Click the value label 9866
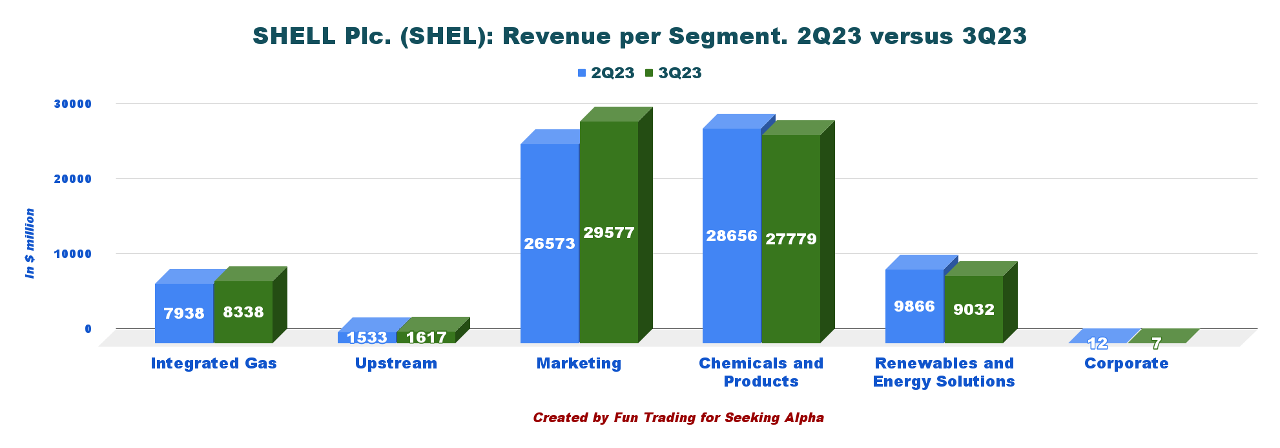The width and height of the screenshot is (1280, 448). (914, 306)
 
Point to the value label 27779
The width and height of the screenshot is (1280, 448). (791, 239)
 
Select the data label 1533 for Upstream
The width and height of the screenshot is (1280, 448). (367, 337)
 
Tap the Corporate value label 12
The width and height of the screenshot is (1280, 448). (1097, 343)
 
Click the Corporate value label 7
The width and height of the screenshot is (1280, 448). (1156, 343)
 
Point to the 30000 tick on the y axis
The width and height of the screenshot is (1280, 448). (73, 104)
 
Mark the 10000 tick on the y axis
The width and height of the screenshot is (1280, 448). (73, 254)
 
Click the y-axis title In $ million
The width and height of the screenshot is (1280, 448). (30, 244)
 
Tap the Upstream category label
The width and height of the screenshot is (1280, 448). (396, 363)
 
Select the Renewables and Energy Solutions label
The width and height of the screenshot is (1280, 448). (944, 372)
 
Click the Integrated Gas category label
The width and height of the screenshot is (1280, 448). (214, 363)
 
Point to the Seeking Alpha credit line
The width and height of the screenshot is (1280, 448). (678, 418)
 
